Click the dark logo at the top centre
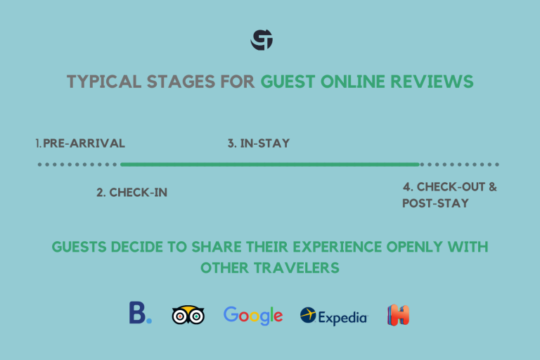pyautogui.click(x=262, y=40)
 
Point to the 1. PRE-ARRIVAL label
pyautogui.click(x=81, y=143)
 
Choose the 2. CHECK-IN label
pyautogui.click(x=132, y=192)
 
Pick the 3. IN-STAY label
pyautogui.click(x=259, y=143)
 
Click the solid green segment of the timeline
pyautogui.click(x=270, y=165)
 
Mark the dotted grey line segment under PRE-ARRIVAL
pyautogui.click(x=78, y=165)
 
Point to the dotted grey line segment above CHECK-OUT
pyautogui.click(x=459, y=165)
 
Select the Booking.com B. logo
pyautogui.click(x=140, y=314)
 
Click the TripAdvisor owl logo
pyautogui.click(x=188, y=315)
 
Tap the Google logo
pyautogui.click(x=253, y=316)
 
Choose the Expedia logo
pyautogui.click(x=333, y=316)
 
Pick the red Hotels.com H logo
pyautogui.click(x=398, y=315)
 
